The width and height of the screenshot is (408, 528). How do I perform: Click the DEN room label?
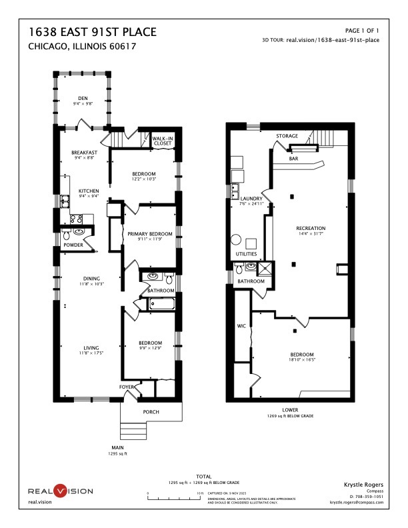(x=83, y=98)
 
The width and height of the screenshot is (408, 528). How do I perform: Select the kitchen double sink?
(x=65, y=199)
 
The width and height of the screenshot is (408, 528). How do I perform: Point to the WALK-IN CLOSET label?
(x=163, y=141)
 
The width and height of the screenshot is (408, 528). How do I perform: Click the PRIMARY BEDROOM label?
(x=150, y=234)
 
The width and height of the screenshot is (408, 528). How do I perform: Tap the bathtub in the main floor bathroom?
(x=161, y=305)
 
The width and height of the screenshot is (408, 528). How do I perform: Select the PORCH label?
(x=151, y=412)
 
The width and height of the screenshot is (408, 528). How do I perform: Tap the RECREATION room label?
(x=311, y=228)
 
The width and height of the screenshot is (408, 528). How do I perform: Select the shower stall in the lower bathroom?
(x=266, y=268)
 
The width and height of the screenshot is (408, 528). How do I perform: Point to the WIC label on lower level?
(x=241, y=327)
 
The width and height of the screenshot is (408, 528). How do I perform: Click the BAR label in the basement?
(x=293, y=159)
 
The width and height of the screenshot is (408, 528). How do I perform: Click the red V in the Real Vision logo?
(x=61, y=491)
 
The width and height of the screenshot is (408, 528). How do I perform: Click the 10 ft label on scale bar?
(x=200, y=493)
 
